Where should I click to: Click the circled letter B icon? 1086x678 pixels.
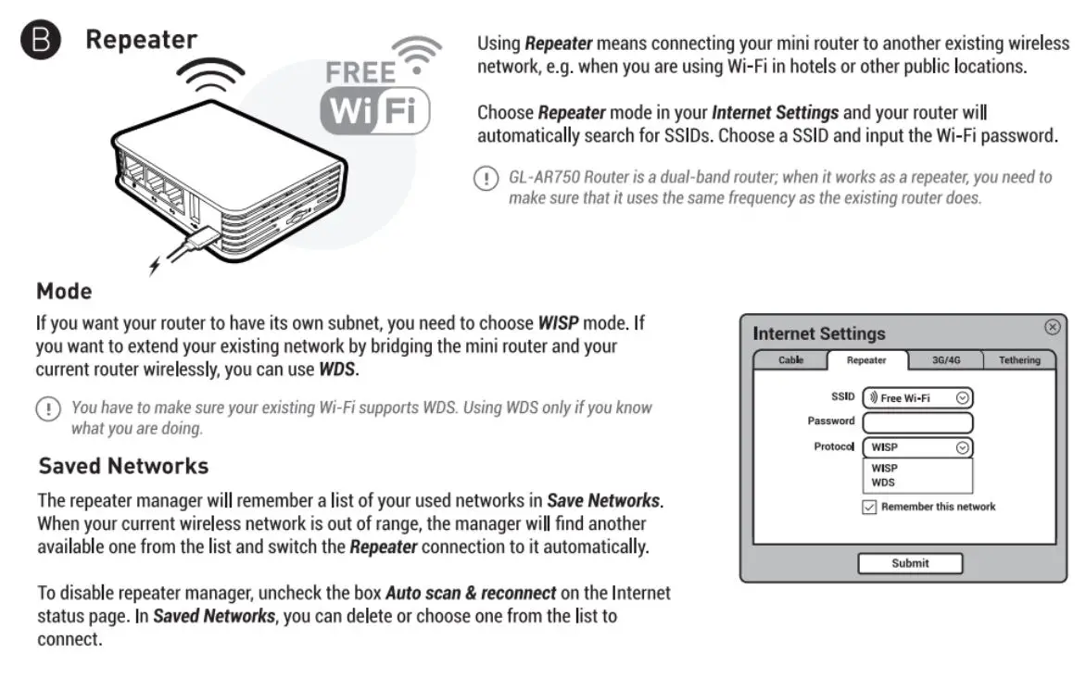[40, 42]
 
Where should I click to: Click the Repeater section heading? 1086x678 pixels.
[141, 40]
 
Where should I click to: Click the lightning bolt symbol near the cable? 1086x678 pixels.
[155, 267]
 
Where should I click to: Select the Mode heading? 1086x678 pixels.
[64, 292]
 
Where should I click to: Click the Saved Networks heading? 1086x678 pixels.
[123, 465]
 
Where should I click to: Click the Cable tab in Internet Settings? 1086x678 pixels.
[790, 360]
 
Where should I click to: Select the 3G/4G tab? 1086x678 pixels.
[944, 360]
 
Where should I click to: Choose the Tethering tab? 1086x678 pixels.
[1018, 360]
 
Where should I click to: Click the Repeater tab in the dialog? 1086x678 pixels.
[866, 360]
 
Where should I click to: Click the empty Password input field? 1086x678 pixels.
[917, 422]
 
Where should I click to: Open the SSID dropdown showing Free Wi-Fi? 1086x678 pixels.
[917, 397]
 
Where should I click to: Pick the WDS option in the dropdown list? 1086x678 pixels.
[883, 483]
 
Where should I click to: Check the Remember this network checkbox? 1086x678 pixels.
[869, 507]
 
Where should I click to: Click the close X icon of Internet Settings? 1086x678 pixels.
[1052, 327]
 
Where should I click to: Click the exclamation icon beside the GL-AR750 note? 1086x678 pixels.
[485, 179]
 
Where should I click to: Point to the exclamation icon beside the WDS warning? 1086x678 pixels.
[46, 408]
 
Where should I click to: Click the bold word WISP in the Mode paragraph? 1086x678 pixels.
[559, 324]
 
